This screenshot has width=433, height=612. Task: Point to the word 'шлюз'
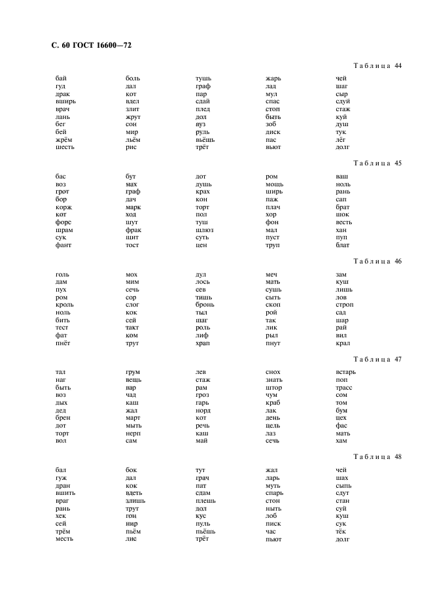(205, 230)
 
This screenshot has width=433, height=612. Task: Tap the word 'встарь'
(345, 373)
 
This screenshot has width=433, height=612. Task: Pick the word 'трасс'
(343, 388)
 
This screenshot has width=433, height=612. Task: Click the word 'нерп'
(133, 433)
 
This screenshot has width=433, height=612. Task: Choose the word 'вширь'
(65, 101)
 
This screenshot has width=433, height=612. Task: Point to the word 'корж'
(63, 207)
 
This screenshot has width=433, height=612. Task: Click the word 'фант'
(63, 245)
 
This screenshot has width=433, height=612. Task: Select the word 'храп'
(203, 343)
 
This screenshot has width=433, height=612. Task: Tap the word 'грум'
(133, 373)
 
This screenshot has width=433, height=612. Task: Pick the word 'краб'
(273, 403)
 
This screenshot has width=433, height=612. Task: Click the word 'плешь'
(205, 501)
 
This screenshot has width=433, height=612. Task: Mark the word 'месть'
(65, 539)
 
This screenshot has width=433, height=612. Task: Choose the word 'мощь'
(274, 184)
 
